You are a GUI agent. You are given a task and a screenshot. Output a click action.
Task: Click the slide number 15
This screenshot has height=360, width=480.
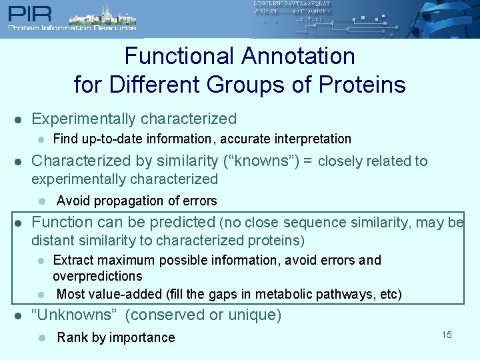446,335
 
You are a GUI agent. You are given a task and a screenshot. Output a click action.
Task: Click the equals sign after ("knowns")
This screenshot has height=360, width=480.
307,161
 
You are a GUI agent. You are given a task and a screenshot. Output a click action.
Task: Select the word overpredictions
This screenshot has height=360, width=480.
97,276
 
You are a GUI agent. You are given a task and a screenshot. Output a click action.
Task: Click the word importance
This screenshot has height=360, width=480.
142,338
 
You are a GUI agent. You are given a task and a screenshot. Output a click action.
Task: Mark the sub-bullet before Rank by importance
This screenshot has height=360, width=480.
41,338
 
